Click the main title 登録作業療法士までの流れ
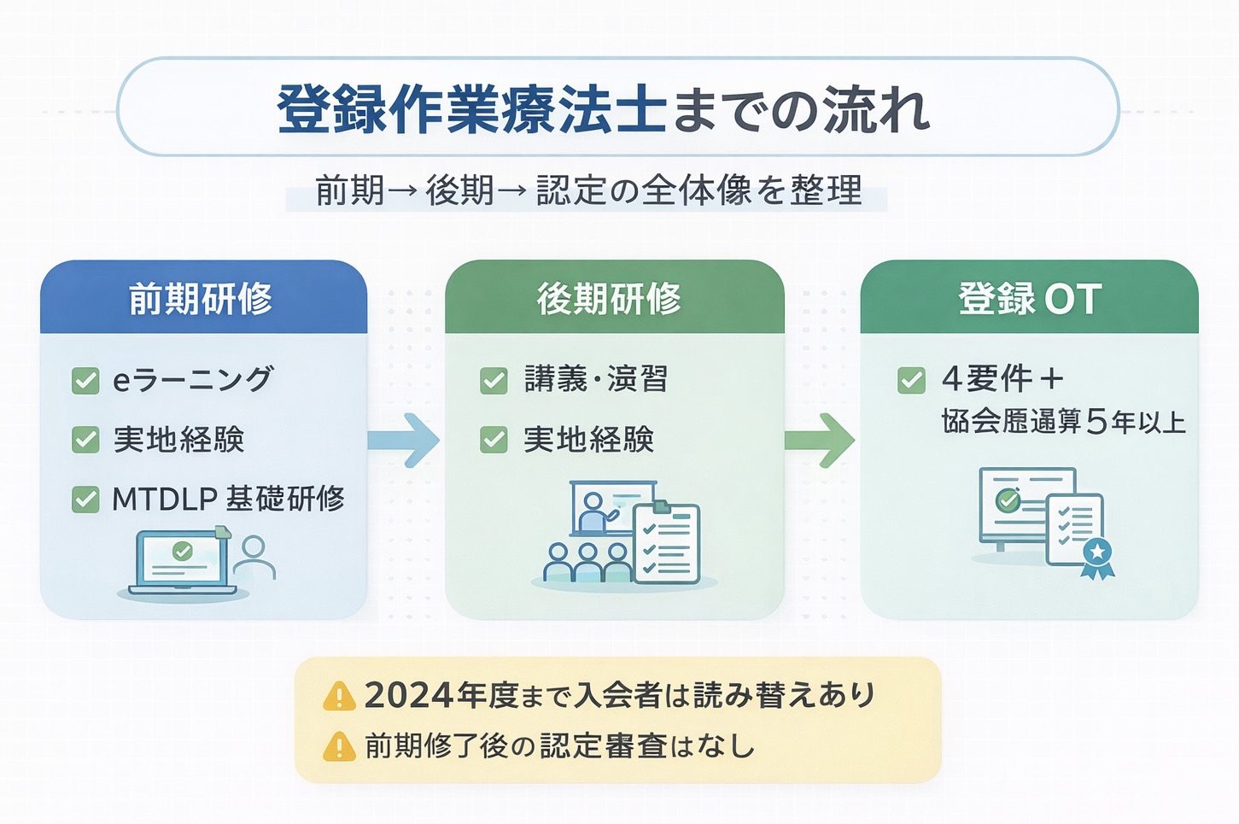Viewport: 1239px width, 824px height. (603, 109)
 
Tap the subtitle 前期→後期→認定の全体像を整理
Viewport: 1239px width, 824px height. (587, 190)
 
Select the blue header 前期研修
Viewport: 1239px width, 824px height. (202, 299)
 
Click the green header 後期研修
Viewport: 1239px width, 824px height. (610, 299)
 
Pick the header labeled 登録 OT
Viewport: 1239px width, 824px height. (1030, 299)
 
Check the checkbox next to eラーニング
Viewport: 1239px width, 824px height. (85, 380)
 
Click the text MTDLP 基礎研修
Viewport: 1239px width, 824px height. (229, 499)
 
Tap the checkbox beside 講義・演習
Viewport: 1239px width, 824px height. (494, 380)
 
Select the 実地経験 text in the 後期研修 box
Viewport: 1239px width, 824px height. (589, 440)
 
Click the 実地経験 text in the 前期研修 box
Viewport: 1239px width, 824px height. (179, 440)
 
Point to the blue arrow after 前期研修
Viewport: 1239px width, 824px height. (403, 440)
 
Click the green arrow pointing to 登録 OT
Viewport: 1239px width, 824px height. (819, 440)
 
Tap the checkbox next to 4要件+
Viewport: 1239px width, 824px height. (911, 380)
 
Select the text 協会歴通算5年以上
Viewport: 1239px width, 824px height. (1063, 422)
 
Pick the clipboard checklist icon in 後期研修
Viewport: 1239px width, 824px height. (667, 543)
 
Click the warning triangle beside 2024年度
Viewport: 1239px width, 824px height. (339, 697)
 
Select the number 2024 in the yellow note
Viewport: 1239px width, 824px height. (408, 695)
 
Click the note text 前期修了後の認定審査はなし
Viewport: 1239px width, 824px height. (559, 746)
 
